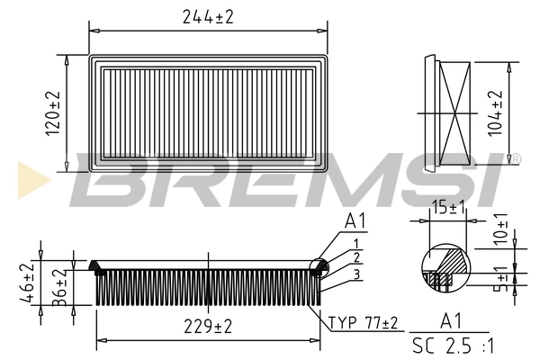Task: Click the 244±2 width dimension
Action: click(207, 15)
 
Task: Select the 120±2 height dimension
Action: click(54, 112)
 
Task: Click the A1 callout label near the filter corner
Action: click(356, 221)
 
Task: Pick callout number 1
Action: click(356, 243)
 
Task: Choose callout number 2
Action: click(356, 258)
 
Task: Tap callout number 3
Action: click(356, 274)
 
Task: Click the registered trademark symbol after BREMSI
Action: click(516, 158)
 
